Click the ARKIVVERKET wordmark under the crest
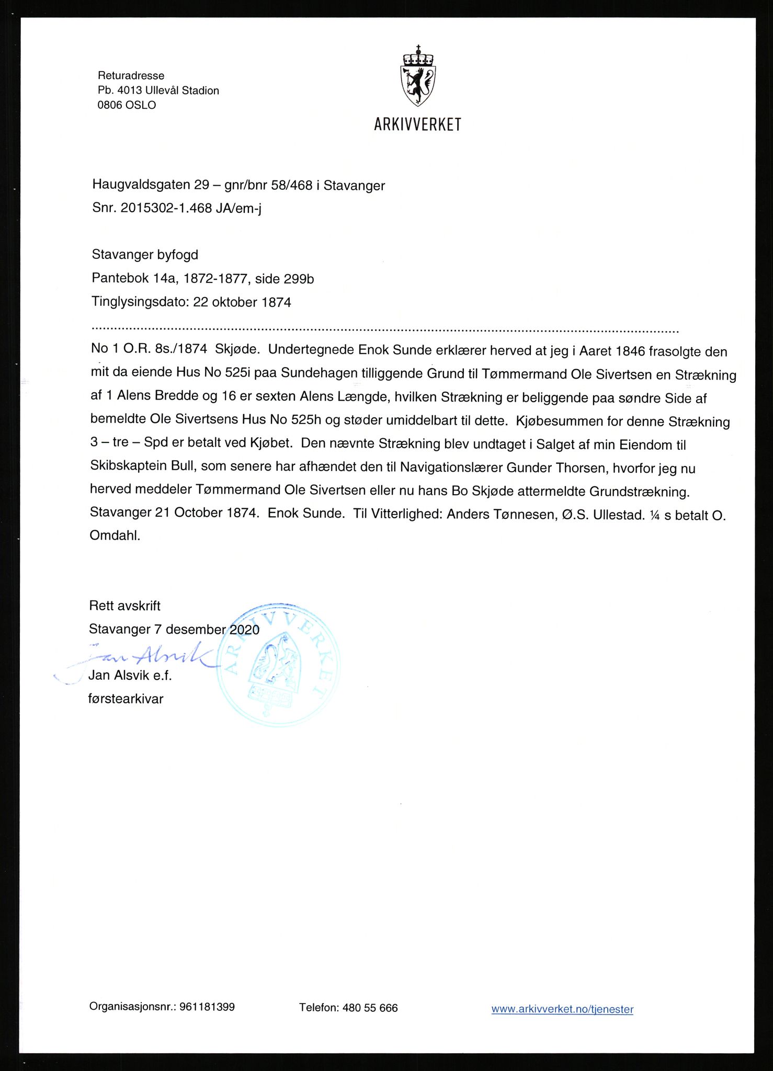(x=417, y=124)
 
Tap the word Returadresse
(x=131, y=76)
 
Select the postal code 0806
(x=109, y=105)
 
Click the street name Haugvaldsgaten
(x=141, y=185)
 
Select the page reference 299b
(x=299, y=279)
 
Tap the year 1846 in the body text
(x=630, y=351)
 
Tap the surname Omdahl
(x=115, y=535)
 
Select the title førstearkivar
(x=126, y=699)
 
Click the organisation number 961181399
(x=207, y=1007)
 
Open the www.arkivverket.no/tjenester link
(x=562, y=1009)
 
